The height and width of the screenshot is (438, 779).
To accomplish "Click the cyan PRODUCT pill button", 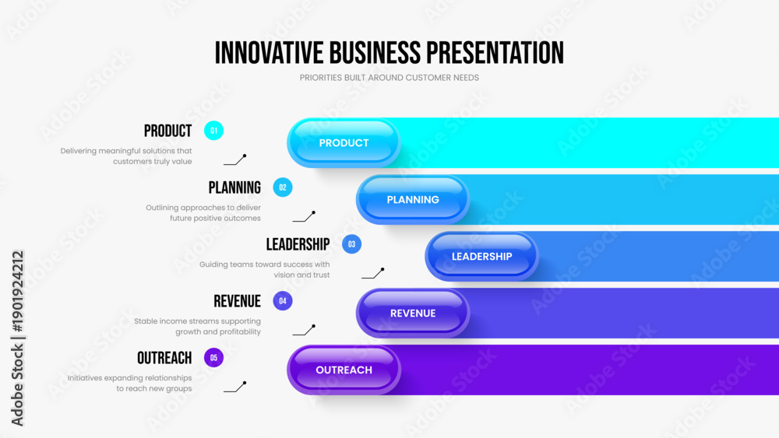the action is pyautogui.click(x=344, y=143).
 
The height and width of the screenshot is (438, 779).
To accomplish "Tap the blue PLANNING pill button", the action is pyautogui.click(x=413, y=199).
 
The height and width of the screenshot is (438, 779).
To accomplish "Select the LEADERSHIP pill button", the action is pyautogui.click(x=482, y=257).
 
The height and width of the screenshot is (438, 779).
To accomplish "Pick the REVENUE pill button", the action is pyautogui.click(x=413, y=313).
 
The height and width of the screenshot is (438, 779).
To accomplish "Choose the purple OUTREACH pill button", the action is pyautogui.click(x=344, y=370).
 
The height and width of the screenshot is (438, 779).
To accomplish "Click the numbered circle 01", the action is pyautogui.click(x=213, y=131).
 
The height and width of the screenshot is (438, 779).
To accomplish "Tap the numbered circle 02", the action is pyautogui.click(x=283, y=187).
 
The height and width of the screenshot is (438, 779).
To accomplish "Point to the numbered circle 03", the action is pyautogui.click(x=352, y=244).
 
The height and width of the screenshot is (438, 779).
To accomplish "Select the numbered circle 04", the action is pyautogui.click(x=283, y=300).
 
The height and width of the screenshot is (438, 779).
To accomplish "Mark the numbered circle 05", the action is pyautogui.click(x=213, y=358).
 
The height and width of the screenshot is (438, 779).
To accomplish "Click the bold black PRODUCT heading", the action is pyautogui.click(x=168, y=131).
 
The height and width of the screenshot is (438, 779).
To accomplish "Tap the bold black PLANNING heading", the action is pyautogui.click(x=234, y=187).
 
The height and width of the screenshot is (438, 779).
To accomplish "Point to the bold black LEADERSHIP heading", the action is pyautogui.click(x=298, y=244).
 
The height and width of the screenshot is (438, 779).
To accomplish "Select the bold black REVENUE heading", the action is pyautogui.click(x=237, y=301).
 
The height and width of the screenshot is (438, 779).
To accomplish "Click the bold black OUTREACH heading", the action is pyautogui.click(x=164, y=358).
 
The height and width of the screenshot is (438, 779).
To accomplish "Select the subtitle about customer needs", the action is pyautogui.click(x=389, y=78).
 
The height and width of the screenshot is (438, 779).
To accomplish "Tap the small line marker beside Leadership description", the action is pyautogui.click(x=372, y=273).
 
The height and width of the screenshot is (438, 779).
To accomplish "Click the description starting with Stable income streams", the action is pyautogui.click(x=197, y=327).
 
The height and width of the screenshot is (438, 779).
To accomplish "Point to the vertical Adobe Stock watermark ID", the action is pyautogui.click(x=17, y=338).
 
